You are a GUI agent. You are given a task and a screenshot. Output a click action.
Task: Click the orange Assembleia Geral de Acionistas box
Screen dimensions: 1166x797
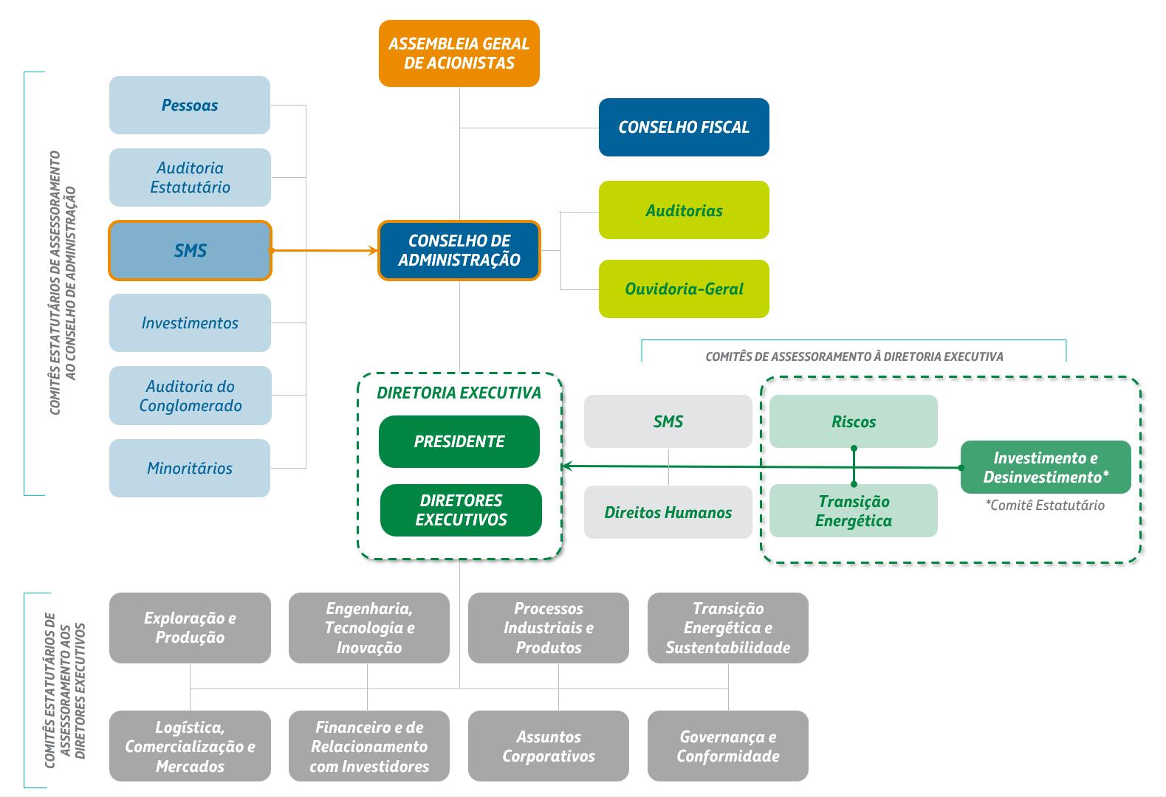(x=459, y=54)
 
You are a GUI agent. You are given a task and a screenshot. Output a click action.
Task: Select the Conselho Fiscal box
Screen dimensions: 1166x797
(x=684, y=127)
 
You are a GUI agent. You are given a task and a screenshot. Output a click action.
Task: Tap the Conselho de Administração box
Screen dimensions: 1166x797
(x=459, y=250)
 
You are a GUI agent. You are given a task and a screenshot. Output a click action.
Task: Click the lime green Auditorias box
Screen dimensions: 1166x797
(x=684, y=210)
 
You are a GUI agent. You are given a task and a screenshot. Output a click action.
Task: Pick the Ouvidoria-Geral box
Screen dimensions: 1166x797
(x=684, y=289)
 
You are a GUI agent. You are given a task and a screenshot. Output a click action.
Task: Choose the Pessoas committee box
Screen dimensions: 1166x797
(x=190, y=105)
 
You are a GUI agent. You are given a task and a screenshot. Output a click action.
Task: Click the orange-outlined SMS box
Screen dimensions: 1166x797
(x=190, y=250)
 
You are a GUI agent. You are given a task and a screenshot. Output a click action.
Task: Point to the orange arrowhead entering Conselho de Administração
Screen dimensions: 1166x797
(x=373, y=251)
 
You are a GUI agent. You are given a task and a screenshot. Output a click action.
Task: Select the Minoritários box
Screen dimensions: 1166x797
(x=190, y=468)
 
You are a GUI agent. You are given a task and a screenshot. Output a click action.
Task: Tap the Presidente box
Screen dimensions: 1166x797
(x=459, y=442)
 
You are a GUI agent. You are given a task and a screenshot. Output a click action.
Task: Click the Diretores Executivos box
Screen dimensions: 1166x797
(x=461, y=511)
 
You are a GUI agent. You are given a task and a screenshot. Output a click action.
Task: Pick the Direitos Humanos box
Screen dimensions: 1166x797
(x=668, y=512)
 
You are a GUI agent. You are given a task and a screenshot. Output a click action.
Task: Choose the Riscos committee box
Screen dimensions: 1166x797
(x=854, y=421)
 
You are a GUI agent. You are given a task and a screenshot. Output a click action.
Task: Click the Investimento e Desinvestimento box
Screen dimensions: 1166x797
(x=1046, y=467)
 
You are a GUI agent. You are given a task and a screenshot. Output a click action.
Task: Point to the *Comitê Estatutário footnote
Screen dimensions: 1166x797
(x=1045, y=506)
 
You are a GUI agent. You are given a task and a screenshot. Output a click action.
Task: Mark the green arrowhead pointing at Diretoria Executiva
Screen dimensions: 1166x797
(x=569, y=466)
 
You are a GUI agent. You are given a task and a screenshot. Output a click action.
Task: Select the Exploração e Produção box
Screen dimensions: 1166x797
(x=190, y=628)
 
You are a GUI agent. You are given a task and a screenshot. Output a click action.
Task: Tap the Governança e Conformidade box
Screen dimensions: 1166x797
(x=728, y=746)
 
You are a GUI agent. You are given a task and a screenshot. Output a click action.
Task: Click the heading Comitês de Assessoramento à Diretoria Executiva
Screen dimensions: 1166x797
(x=854, y=357)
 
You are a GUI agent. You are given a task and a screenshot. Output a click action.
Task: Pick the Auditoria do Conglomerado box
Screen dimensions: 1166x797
(x=190, y=396)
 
